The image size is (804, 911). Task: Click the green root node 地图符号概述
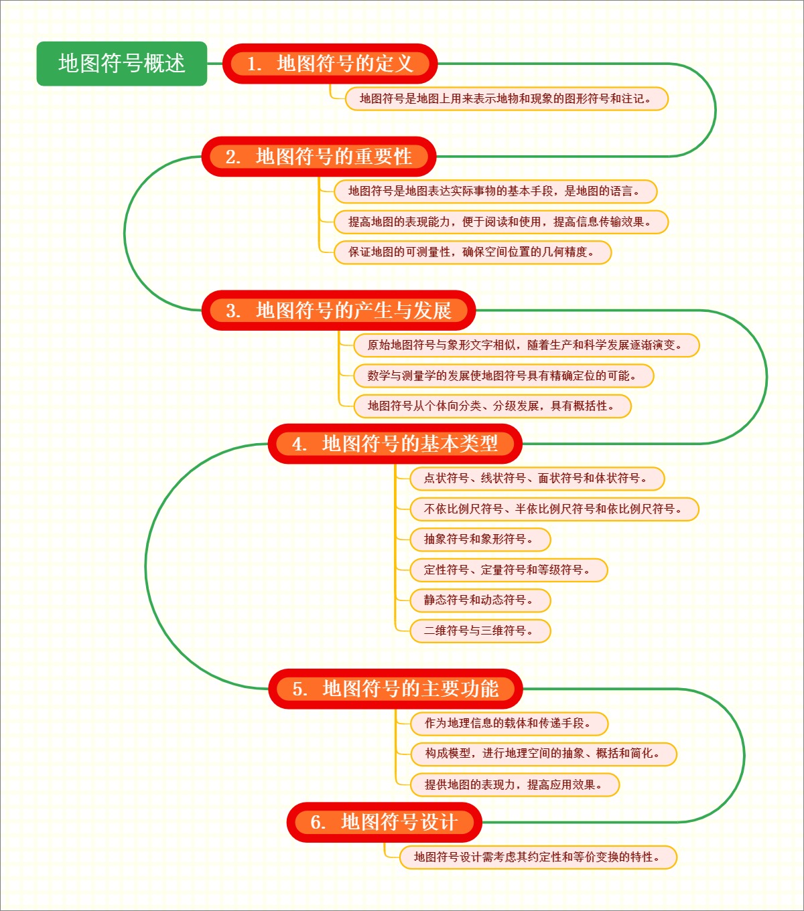pos(121,64)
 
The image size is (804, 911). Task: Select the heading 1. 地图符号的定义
pos(330,64)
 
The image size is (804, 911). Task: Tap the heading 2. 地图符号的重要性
pos(319,157)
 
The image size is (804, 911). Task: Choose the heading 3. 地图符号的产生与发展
pos(338,311)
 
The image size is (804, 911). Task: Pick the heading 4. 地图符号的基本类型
pos(395,443)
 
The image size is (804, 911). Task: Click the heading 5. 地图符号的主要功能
pos(395,688)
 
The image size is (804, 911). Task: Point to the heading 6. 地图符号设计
pos(384,822)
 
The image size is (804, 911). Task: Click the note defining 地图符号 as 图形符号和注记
pos(507,98)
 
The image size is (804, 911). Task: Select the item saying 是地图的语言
pos(495,191)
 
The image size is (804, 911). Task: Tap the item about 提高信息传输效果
pos(500,222)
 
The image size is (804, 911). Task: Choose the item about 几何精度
pos(472,252)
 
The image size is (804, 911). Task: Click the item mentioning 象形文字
pos(526,345)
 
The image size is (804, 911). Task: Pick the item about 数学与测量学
pos(503,376)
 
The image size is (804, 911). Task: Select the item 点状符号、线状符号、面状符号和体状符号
pos(537,479)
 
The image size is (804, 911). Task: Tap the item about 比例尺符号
pos(554,509)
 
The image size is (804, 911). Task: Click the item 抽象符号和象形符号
pos(480,540)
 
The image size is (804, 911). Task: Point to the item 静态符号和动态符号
pos(480,600)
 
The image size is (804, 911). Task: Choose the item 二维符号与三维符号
pos(480,631)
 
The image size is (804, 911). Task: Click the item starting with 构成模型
pos(543,754)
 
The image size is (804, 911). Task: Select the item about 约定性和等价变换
pos(538,857)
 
